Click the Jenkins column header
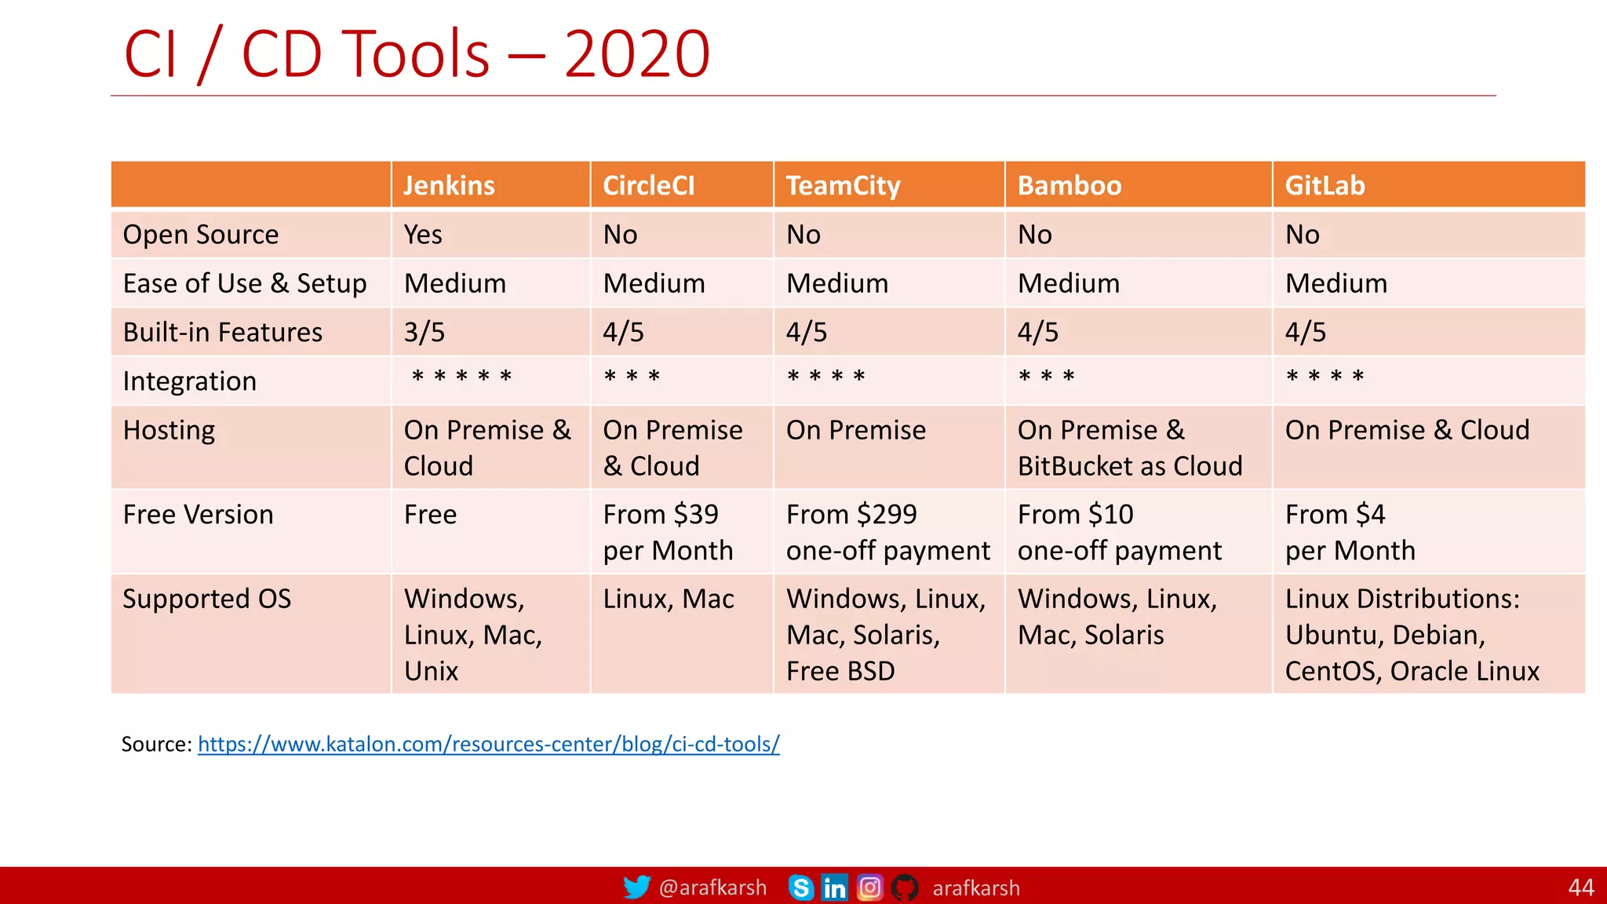pyautogui.click(x=449, y=186)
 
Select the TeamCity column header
pyautogui.click(x=843, y=186)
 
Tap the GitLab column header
pyautogui.click(x=1325, y=186)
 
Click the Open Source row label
pyautogui.click(x=201, y=235)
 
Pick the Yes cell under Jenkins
pyautogui.click(x=423, y=235)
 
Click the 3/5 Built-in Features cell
pyautogui.click(x=425, y=332)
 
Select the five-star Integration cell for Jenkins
pyautogui.click(x=461, y=378)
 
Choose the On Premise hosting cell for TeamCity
pyautogui.click(x=856, y=431)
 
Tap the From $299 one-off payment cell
pyautogui.click(x=887, y=532)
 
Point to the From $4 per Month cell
pyautogui.click(x=1350, y=532)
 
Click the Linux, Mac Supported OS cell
pyautogui.click(x=669, y=600)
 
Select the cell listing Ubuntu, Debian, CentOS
pyautogui.click(x=1411, y=635)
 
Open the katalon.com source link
pyautogui.click(x=488, y=744)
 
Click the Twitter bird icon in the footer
pyautogui.click(x=636, y=888)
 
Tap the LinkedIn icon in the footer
pyautogui.click(x=834, y=888)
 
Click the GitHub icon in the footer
pyautogui.click(x=905, y=888)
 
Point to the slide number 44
pyautogui.click(x=1580, y=888)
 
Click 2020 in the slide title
pyautogui.click(x=636, y=54)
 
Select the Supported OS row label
pyautogui.click(x=207, y=600)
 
